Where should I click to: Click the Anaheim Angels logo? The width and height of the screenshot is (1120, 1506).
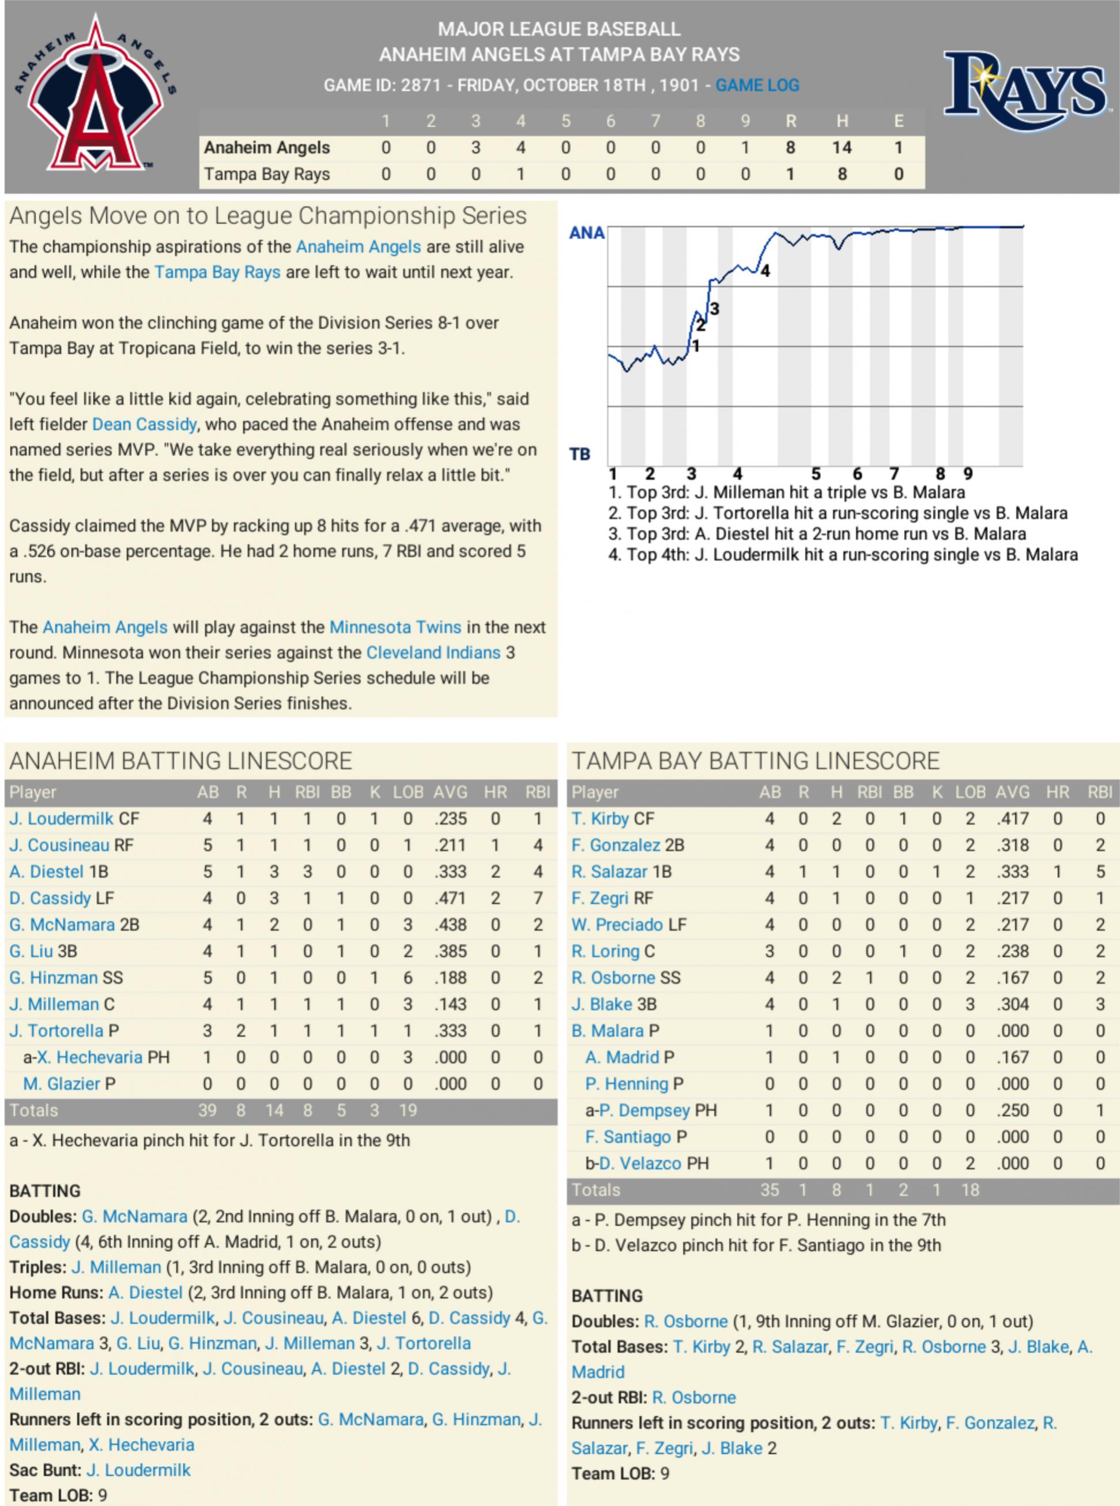pyautogui.click(x=96, y=95)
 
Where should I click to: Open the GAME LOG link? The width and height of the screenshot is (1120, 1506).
pyautogui.click(x=757, y=85)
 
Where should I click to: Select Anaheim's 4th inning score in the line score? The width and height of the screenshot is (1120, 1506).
pyautogui.click(x=520, y=147)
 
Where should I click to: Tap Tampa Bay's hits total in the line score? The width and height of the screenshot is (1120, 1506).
pyautogui.click(x=842, y=174)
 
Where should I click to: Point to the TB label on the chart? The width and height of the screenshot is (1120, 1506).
pyautogui.click(x=580, y=454)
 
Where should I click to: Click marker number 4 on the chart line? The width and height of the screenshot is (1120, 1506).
pyautogui.click(x=765, y=271)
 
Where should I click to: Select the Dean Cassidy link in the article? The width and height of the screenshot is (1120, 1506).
pyautogui.click(x=144, y=425)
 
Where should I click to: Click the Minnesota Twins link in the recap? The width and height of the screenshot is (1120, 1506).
pyautogui.click(x=395, y=628)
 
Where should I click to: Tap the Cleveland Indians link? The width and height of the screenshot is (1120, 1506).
pyautogui.click(x=433, y=652)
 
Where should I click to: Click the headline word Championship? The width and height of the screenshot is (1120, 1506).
pyautogui.click(x=377, y=216)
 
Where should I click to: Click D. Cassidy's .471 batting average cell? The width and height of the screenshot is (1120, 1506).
pyautogui.click(x=450, y=898)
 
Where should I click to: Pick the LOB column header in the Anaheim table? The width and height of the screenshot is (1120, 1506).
pyautogui.click(x=408, y=793)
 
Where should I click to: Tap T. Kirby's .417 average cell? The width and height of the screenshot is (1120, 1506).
pyautogui.click(x=1012, y=819)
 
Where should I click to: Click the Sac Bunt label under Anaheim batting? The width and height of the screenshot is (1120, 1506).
pyautogui.click(x=45, y=1470)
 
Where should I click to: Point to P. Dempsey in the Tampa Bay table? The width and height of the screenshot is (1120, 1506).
pyautogui.click(x=644, y=1110)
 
